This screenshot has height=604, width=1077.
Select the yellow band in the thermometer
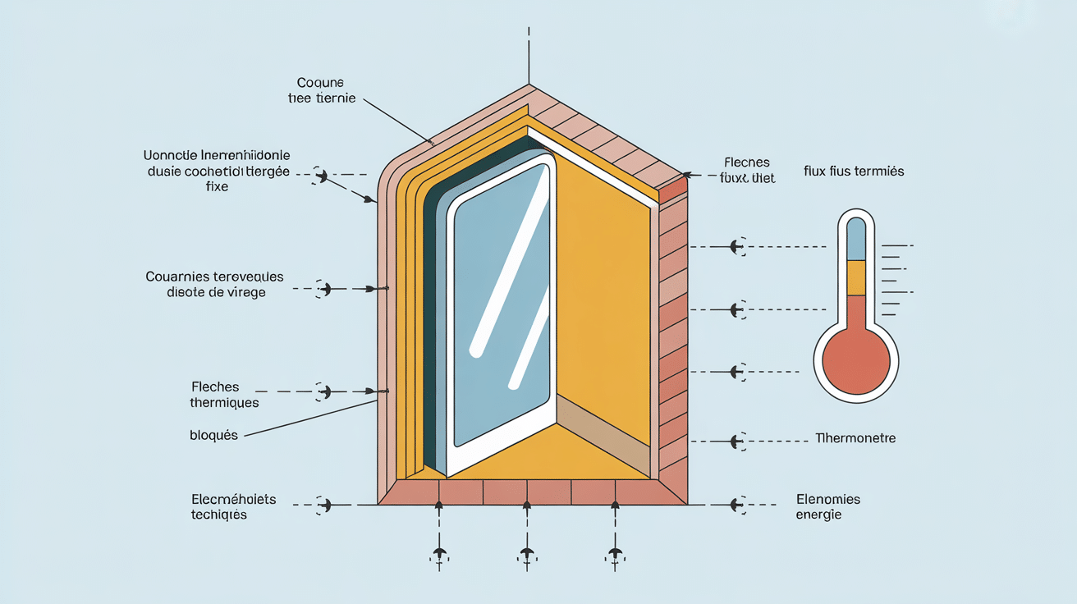(x=855, y=277)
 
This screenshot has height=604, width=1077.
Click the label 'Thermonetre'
(x=855, y=438)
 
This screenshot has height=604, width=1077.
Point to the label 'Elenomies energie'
(x=827, y=506)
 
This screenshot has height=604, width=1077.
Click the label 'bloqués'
(x=213, y=435)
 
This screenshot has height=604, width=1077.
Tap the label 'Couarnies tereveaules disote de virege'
(x=214, y=285)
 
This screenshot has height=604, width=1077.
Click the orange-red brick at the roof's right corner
(x=672, y=190)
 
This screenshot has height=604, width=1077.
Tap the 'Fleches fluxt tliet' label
(x=747, y=170)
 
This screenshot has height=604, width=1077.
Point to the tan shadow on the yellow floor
(x=603, y=431)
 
